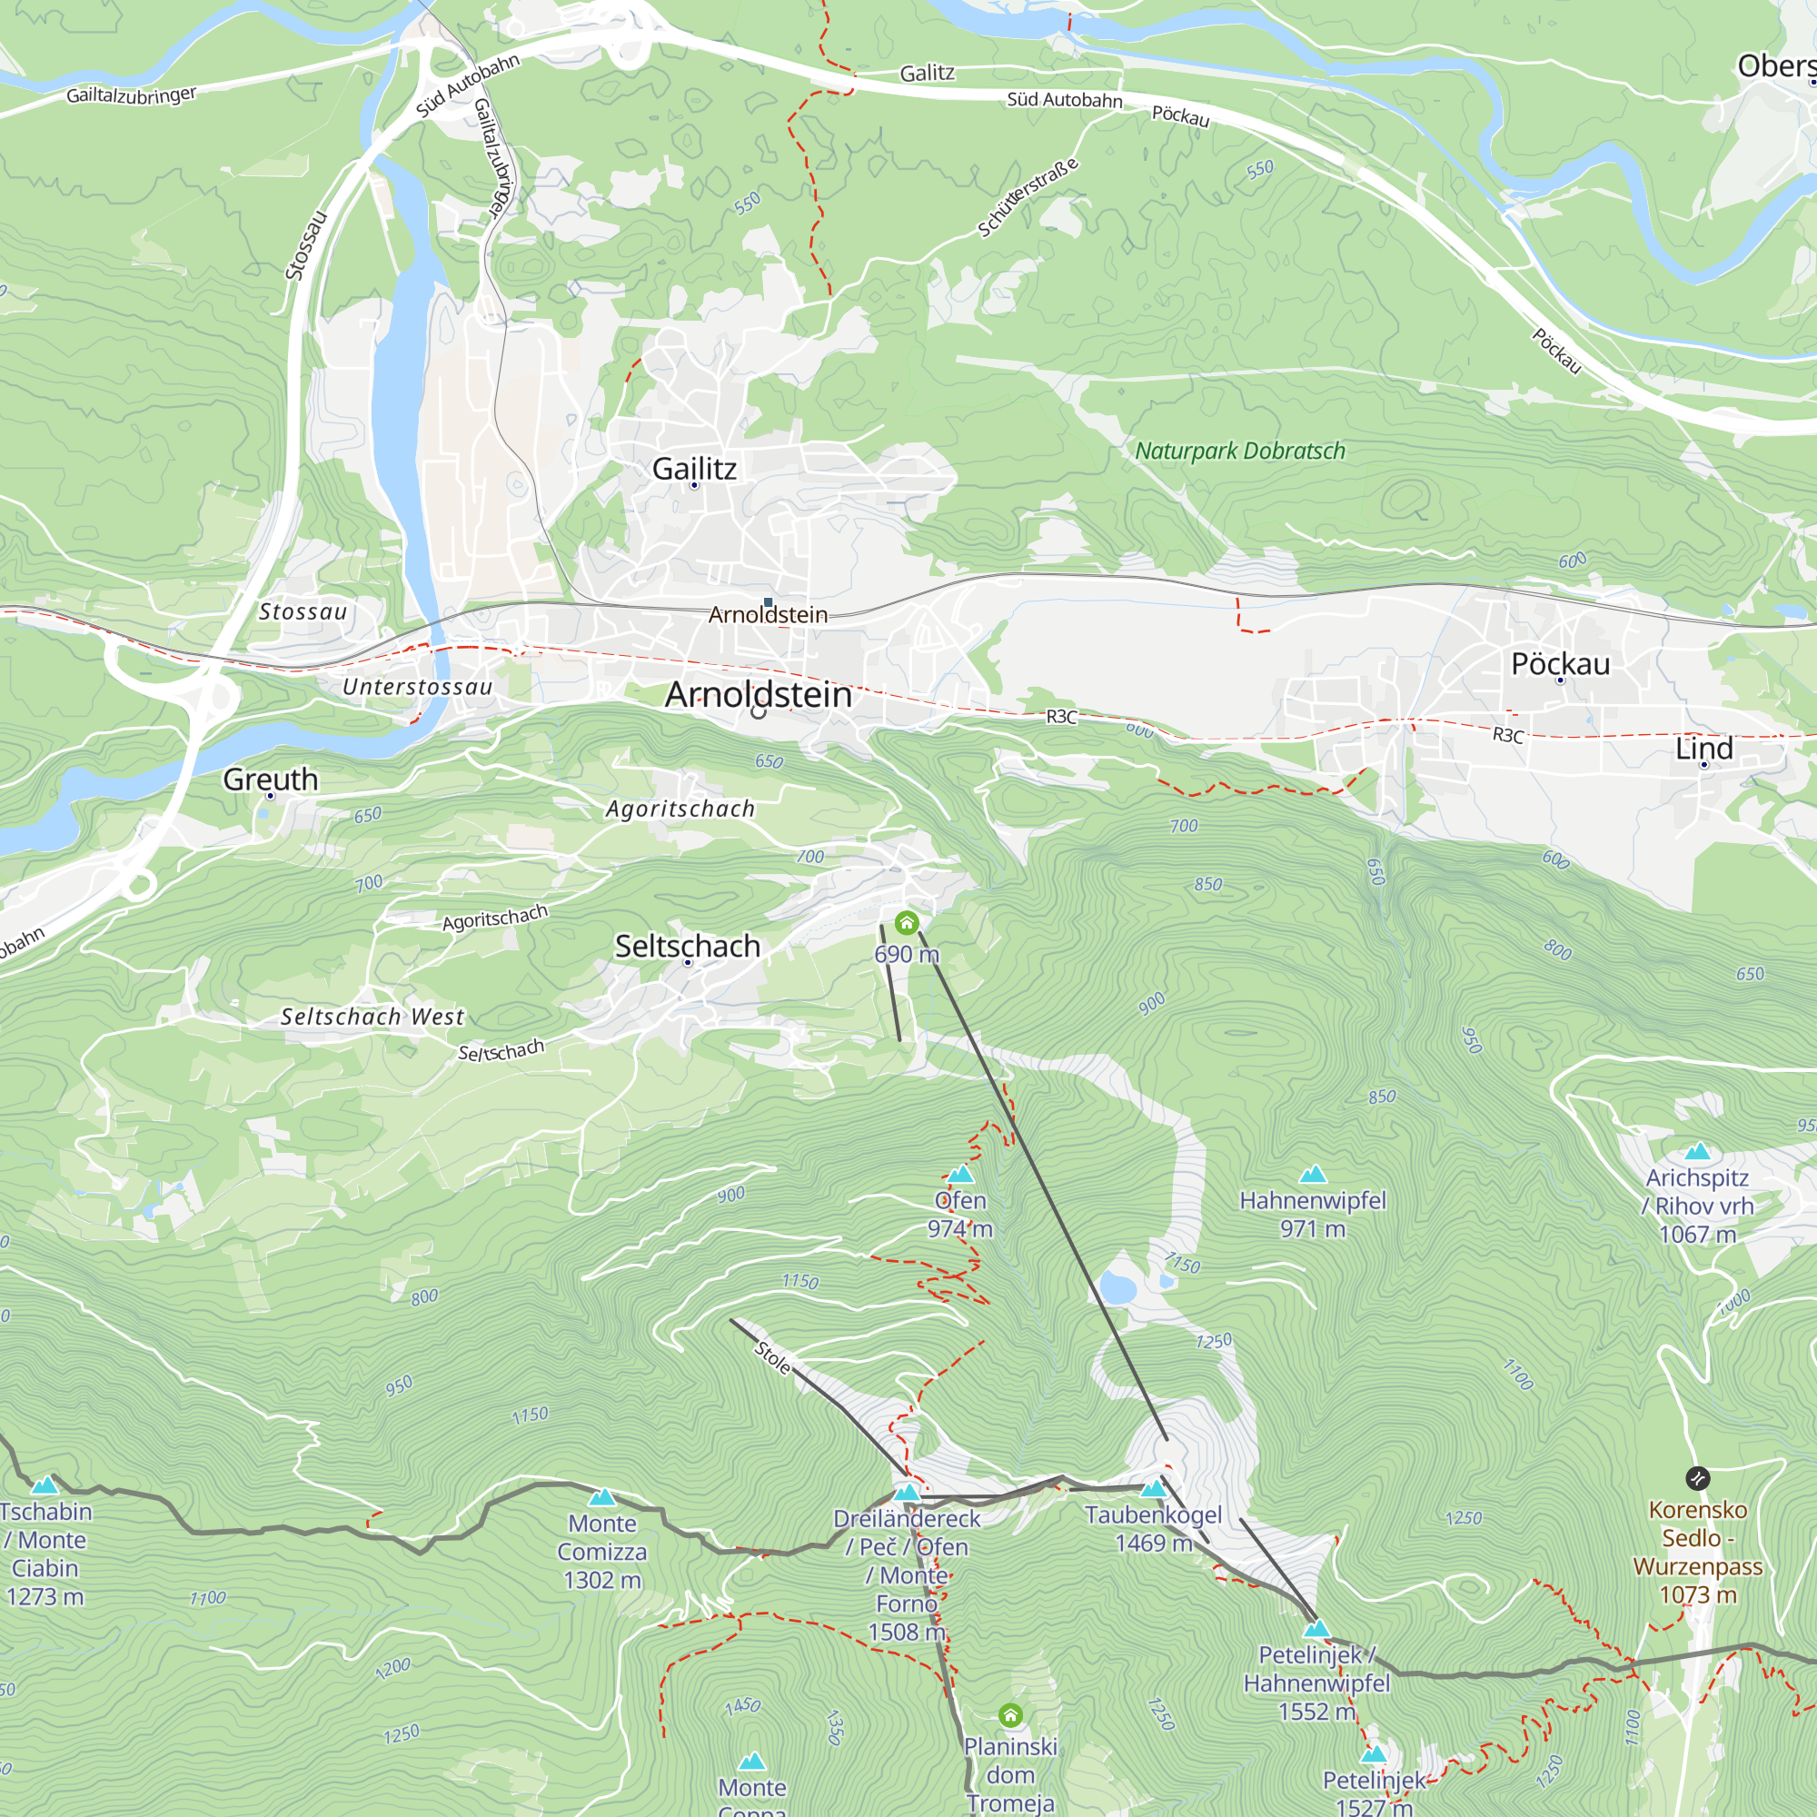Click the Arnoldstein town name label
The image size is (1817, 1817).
(x=758, y=695)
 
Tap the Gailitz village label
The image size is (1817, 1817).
(x=694, y=469)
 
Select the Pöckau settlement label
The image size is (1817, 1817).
(x=1560, y=664)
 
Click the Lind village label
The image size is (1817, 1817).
(x=1703, y=749)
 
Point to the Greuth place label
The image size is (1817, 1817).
(x=270, y=779)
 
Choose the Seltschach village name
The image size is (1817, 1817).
(x=688, y=946)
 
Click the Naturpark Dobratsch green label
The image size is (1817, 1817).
(x=1239, y=452)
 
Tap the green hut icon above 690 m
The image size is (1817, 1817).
(x=906, y=923)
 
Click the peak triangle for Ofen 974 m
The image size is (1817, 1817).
(x=959, y=1175)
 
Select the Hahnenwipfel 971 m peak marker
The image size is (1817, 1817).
(x=1312, y=1175)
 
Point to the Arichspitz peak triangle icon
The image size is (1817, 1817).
(x=1698, y=1152)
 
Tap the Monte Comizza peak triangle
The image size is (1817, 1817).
(x=602, y=1497)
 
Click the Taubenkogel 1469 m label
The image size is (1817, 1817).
(x=1153, y=1528)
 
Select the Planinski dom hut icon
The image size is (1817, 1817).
(x=1010, y=1715)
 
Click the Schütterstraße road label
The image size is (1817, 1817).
(x=1027, y=198)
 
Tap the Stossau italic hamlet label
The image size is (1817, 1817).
(x=303, y=612)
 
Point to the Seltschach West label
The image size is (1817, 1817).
(x=372, y=1017)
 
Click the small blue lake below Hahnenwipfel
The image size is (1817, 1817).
(x=1117, y=1287)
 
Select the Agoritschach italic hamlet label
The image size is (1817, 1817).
(x=680, y=809)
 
